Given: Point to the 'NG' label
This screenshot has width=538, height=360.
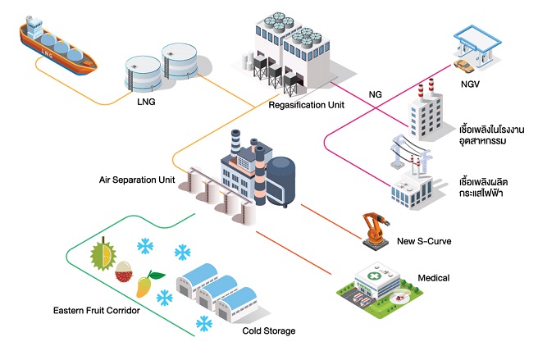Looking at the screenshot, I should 375,95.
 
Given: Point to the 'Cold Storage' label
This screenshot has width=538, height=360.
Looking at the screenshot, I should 269,331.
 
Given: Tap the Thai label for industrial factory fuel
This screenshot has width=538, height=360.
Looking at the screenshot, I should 486,135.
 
